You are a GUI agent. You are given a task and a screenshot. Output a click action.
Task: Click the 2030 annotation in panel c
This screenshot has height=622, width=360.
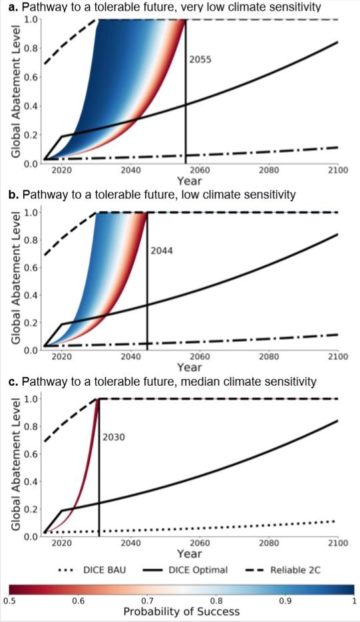112,438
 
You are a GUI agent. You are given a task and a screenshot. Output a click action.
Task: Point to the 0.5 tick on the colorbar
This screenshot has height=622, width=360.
10,601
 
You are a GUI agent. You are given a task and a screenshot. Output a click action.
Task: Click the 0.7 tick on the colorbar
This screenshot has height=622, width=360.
147,601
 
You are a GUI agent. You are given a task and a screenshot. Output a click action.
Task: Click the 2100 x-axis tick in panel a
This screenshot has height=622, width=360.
338,171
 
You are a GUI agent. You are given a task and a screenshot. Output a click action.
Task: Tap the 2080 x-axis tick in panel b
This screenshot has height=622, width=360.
269,357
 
